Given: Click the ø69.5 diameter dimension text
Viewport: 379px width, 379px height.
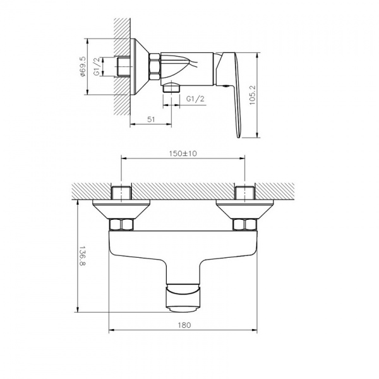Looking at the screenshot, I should point(84,65).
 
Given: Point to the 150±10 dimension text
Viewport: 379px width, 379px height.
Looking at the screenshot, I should point(181,153).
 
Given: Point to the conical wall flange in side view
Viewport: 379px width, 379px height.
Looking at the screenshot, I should point(140,66).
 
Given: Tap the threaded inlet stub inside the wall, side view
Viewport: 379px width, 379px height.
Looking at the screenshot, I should point(123,66).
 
